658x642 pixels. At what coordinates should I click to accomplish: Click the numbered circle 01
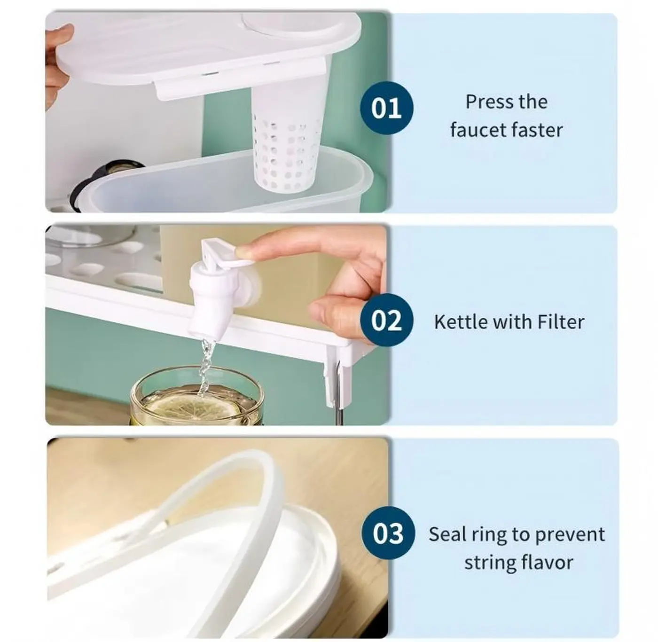click(386, 108)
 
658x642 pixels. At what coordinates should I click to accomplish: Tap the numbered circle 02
click(386, 321)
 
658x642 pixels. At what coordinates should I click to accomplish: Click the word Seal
click(445, 534)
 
